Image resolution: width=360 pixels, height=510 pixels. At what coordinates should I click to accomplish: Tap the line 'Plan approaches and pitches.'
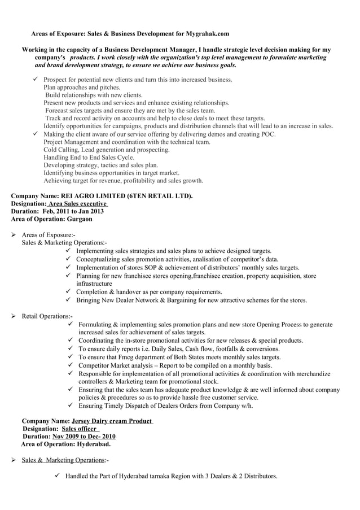pos(82,88)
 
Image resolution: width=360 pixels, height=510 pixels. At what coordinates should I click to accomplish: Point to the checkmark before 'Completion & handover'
pos(68,291)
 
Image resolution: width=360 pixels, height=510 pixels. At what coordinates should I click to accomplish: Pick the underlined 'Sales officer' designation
pos(80,429)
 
